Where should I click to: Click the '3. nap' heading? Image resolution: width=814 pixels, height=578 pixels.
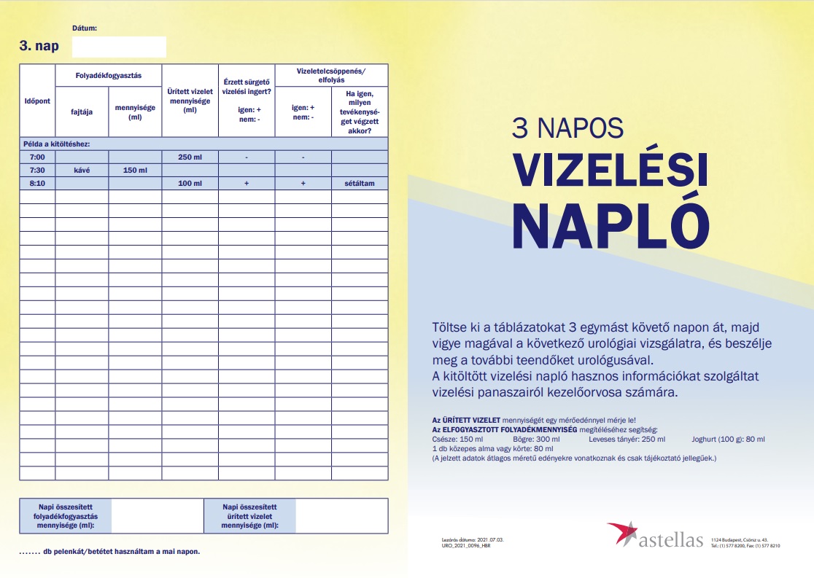39,47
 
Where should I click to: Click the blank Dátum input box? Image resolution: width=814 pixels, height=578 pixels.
119,47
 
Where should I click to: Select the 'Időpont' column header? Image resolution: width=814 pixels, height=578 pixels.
37,100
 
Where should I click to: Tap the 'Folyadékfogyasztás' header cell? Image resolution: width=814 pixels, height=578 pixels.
108,76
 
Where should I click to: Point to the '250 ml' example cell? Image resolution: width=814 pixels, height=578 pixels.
190,157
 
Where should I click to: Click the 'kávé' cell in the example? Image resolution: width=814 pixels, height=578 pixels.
82,170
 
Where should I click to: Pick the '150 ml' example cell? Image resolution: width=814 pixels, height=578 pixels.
135,170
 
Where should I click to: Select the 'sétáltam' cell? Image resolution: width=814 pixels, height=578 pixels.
359,183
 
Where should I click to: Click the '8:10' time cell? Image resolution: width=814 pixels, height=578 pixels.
37,183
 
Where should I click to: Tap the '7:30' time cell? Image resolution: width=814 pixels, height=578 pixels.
37,170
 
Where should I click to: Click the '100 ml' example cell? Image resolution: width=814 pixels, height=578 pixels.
190,183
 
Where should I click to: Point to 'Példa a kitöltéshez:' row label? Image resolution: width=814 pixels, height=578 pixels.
57,144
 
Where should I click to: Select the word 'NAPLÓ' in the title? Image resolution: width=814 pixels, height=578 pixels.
611,220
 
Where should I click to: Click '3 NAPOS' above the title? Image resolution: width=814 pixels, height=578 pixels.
567,128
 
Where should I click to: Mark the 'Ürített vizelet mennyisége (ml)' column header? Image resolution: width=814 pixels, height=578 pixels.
190,101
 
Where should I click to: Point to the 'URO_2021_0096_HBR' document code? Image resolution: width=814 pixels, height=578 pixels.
466,545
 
